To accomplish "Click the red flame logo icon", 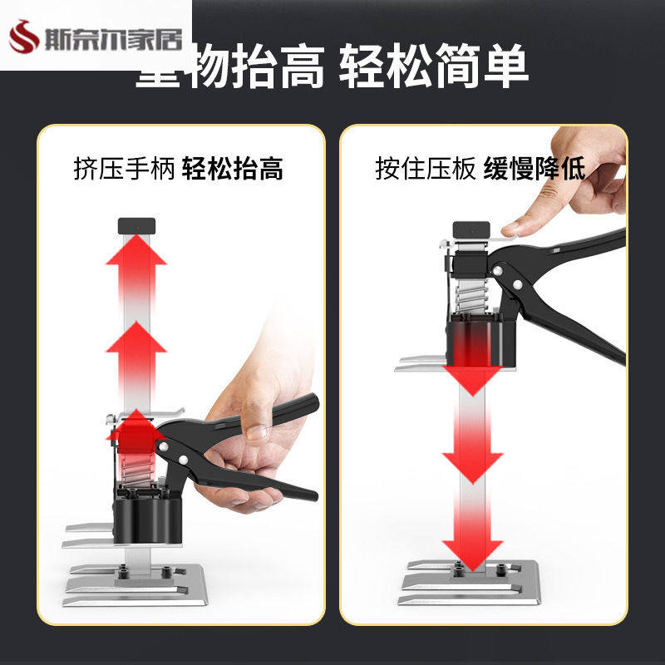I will [23, 36].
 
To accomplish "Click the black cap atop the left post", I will [136, 224].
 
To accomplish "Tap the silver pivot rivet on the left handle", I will [181, 458].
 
